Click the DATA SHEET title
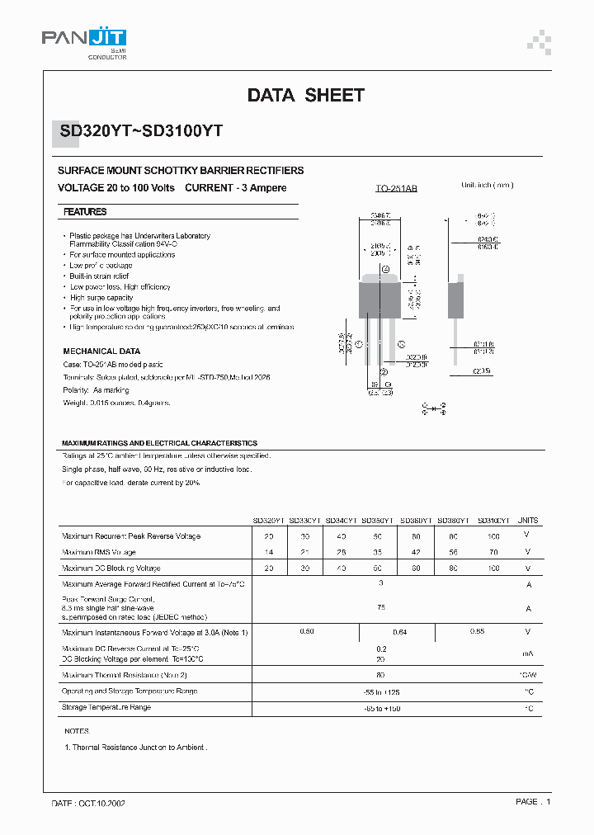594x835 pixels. click(x=305, y=96)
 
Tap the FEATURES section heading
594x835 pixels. click(x=85, y=212)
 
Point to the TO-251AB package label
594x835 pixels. click(x=397, y=189)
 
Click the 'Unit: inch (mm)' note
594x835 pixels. click(x=488, y=186)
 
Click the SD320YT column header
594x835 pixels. click(x=268, y=521)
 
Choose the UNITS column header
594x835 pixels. click(x=527, y=521)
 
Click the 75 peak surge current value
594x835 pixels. click(x=381, y=607)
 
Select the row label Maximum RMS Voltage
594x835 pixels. click(x=99, y=552)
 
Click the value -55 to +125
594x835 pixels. click(x=381, y=691)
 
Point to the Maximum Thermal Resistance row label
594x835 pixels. click(x=125, y=676)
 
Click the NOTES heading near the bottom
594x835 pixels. click(x=77, y=731)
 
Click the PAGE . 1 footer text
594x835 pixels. click(x=533, y=801)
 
